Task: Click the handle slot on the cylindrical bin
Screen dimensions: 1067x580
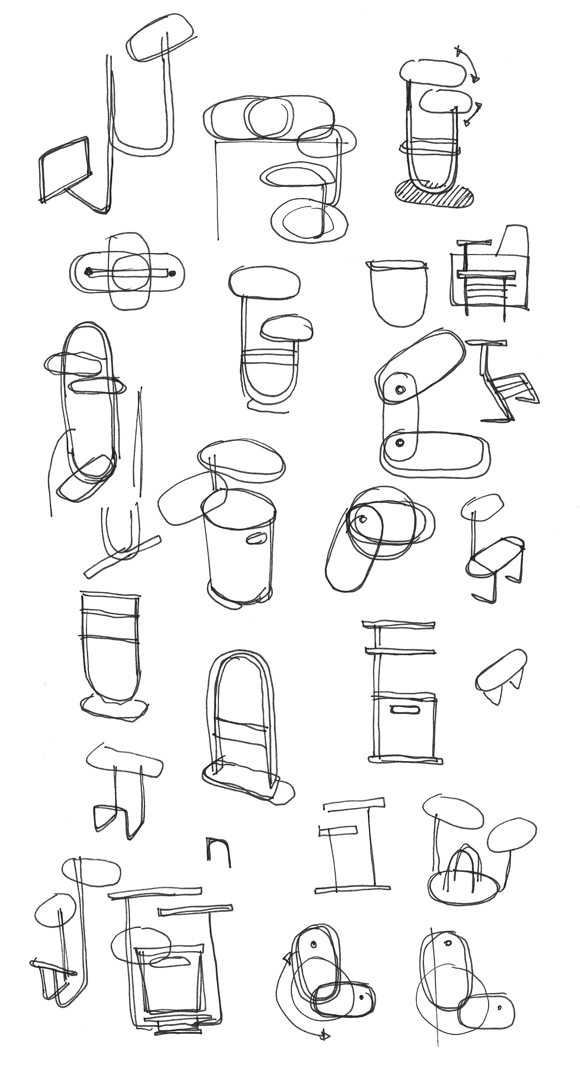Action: [255, 540]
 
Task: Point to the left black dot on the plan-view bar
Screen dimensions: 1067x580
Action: [88, 272]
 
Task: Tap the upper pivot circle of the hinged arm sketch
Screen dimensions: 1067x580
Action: [401, 389]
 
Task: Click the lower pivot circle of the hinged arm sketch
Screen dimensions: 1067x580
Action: [400, 443]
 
